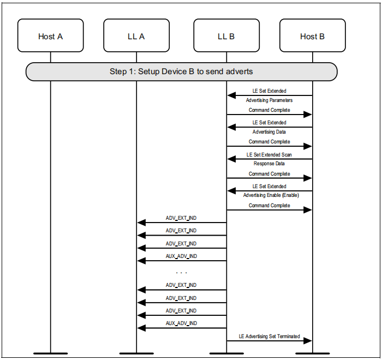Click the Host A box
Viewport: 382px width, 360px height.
pos(50,36)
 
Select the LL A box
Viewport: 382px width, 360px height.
pos(136,36)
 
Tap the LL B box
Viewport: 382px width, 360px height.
pos(226,36)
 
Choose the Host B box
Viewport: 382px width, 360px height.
pos(312,36)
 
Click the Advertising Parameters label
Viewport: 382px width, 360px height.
pos(269,100)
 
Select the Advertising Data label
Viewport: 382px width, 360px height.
pos(269,132)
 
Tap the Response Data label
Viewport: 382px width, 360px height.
pos(269,164)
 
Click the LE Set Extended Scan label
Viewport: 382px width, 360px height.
pos(269,155)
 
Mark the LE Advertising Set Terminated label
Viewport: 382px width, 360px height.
pos(269,336)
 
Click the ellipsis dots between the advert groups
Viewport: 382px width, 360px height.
pos(181,272)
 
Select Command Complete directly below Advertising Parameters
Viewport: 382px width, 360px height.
pos(269,110)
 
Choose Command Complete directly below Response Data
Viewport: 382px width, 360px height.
pos(269,174)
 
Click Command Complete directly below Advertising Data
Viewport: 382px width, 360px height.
pos(269,142)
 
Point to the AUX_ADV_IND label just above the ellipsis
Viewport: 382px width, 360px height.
pos(181,256)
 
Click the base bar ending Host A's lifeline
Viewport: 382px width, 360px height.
pos(50,353)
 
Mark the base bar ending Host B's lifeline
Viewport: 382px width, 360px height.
pos(312,353)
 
